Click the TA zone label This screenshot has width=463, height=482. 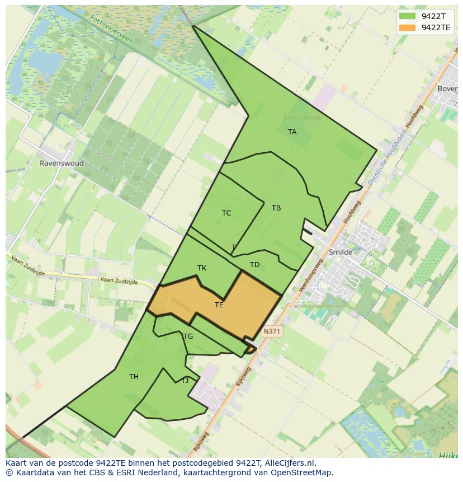coord(292,132)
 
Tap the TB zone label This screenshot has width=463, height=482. coord(276,208)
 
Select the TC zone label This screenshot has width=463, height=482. coord(226,213)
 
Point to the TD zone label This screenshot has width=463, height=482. coord(254,265)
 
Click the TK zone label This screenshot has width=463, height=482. coord(202,268)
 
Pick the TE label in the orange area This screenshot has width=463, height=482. coord(219,305)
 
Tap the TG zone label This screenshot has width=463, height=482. coord(188,336)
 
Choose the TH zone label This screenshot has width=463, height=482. coord(134,377)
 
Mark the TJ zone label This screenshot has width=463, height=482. coord(185,381)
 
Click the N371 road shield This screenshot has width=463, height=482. coord(272,331)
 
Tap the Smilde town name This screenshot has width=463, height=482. coord(341,252)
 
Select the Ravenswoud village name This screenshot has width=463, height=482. coord(62,163)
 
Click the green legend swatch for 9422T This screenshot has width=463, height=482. coord(407,16)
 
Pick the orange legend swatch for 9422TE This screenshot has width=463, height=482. coord(407,27)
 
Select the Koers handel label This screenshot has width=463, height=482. coord(303,118)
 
